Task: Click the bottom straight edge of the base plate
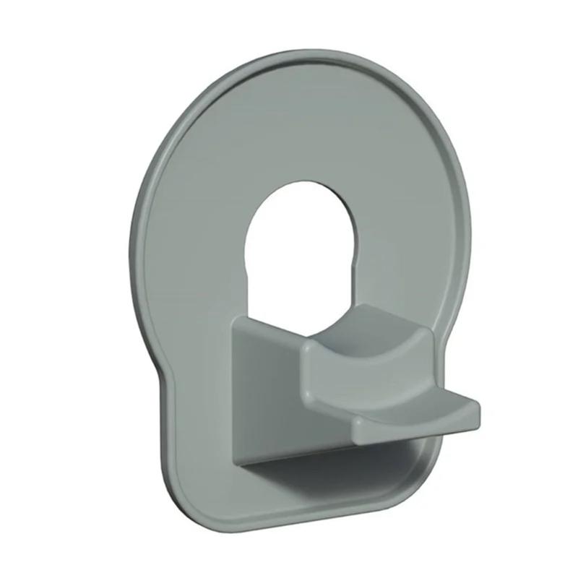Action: (x=303, y=525)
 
